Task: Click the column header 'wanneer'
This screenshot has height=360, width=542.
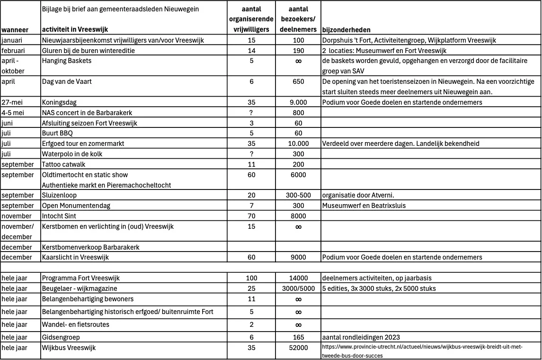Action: click(x=15, y=29)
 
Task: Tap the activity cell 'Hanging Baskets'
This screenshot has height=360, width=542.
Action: click(x=67, y=61)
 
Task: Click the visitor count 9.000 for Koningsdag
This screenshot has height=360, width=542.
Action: click(x=298, y=102)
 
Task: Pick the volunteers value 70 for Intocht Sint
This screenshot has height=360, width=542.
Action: click(x=251, y=216)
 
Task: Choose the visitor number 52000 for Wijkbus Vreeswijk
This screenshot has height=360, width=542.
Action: click(x=298, y=348)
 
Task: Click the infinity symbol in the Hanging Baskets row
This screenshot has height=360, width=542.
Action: click(x=298, y=61)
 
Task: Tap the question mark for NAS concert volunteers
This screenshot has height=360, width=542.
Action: click(x=251, y=113)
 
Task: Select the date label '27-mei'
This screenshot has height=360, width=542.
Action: click(x=13, y=102)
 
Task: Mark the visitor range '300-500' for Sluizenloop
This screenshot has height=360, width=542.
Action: click(x=298, y=195)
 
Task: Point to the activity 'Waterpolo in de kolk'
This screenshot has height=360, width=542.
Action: click(x=72, y=154)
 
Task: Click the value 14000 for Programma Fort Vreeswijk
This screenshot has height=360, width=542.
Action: click(x=298, y=278)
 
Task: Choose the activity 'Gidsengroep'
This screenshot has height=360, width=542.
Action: click(x=61, y=337)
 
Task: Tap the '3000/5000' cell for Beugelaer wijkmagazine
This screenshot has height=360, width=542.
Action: click(x=298, y=288)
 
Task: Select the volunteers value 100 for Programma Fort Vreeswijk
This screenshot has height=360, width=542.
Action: click(x=251, y=278)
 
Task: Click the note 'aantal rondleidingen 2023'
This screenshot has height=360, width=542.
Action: click(x=361, y=337)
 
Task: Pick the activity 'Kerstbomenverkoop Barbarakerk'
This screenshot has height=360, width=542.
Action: click(x=91, y=247)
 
